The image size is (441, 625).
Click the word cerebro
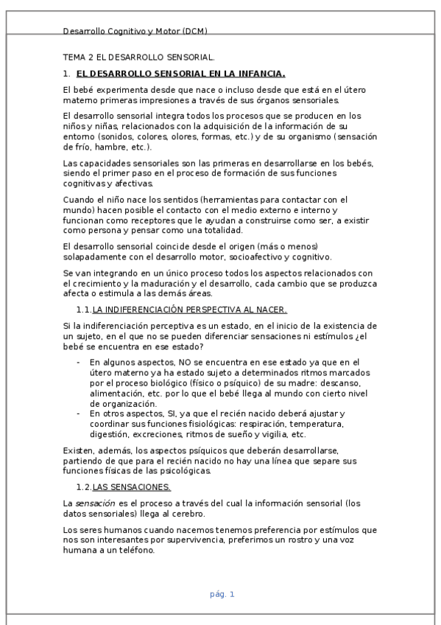click(x=186, y=514)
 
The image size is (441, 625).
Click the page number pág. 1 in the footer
click(x=221, y=594)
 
